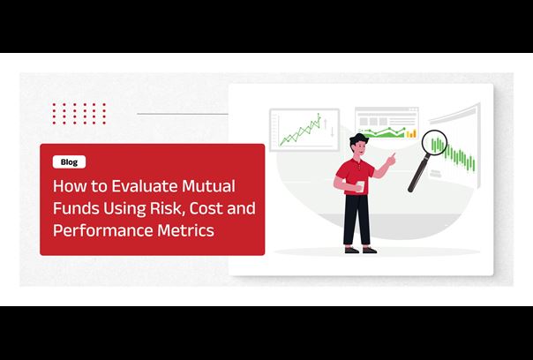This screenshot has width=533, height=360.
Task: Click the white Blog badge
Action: [x=69, y=162]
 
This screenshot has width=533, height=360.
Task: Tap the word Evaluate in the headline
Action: [x=145, y=186]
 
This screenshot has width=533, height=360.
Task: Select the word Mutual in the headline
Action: [x=208, y=186]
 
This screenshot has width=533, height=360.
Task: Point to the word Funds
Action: [x=76, y=208]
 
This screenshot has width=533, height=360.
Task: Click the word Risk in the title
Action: [x=167, y=208]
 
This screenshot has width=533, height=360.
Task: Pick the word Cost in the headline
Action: [x=206, y=208]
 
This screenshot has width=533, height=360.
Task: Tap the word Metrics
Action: [x=185, y=230]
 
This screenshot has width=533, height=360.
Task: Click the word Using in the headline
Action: [x=124, y=209]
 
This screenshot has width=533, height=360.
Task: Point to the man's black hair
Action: [x=359, y=139]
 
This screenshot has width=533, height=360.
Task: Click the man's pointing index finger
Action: [x=394, y=155]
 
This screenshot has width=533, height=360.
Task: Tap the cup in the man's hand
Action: [x=360, y=186]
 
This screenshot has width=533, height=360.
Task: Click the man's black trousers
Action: [x=357, y=220]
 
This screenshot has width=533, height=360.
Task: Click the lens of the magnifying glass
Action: [x=434, y=143]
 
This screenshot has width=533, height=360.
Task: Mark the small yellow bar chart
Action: [x=411, y=133]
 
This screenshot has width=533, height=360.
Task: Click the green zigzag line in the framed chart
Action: [x=299, y=131]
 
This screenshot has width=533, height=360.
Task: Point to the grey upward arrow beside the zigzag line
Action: [x=326, y=124]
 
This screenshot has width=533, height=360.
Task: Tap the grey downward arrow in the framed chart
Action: [x=332, y=131]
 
